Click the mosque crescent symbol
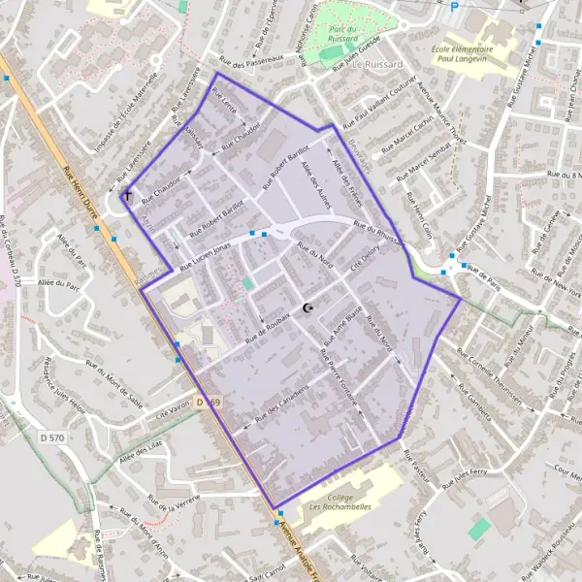(309, 308)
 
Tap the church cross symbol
(126, 197)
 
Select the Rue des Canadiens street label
(281, 404)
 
